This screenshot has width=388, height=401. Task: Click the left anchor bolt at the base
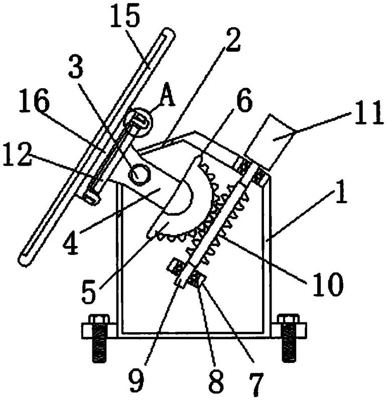[x=99, y=339]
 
